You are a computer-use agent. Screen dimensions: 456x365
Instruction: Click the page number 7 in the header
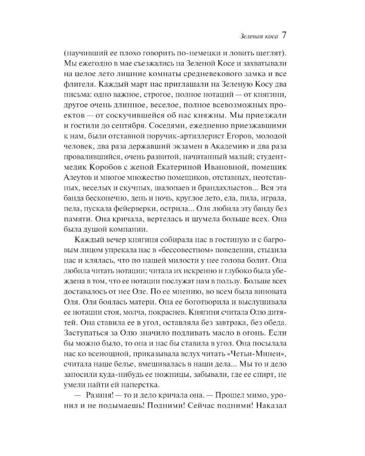(x=292, y=34)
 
